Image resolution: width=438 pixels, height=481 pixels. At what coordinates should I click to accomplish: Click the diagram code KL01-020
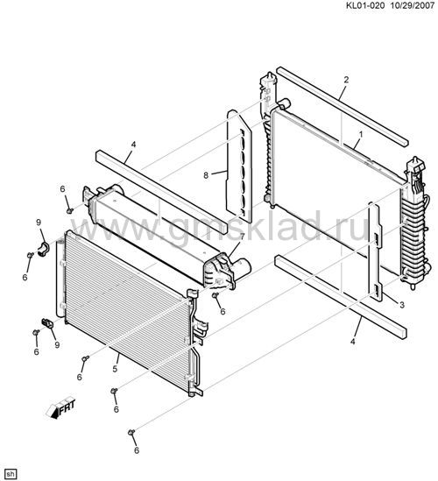tap(364, 5)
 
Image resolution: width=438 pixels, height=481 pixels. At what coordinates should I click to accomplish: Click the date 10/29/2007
tap(412, 5)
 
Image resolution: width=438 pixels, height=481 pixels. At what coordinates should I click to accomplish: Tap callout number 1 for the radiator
tap(361, 134)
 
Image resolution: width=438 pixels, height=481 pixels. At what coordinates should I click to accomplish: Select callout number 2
tap(346, 80)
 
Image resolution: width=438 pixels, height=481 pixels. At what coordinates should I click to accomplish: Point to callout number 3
tap(402, 305)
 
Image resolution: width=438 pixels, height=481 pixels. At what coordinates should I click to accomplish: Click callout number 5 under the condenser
tap(115, 369)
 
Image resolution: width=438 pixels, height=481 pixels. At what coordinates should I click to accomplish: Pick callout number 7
tap(242, 237)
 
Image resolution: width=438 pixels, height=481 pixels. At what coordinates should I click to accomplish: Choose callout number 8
tap(206, 175)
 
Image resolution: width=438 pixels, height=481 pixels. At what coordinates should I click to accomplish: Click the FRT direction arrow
tap(60, 409)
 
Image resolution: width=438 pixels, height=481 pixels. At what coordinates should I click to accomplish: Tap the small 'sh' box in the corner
tap(11, 474)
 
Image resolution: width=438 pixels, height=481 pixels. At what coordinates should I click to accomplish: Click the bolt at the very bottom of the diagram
tap(131, 432)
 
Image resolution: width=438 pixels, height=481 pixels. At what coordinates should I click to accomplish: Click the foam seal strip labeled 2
tap(343, 106)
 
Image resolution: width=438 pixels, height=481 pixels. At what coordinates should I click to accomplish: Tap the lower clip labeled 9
tap(47, 322)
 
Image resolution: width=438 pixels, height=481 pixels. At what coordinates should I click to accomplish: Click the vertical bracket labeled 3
tap(376, 251)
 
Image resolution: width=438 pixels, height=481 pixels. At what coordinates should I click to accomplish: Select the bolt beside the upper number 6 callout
tap(70, 210)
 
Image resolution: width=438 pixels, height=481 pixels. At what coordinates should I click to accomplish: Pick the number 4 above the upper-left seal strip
tap(133, 145)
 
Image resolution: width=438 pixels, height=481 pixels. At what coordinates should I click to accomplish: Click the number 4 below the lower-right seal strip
tap(353, 341)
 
